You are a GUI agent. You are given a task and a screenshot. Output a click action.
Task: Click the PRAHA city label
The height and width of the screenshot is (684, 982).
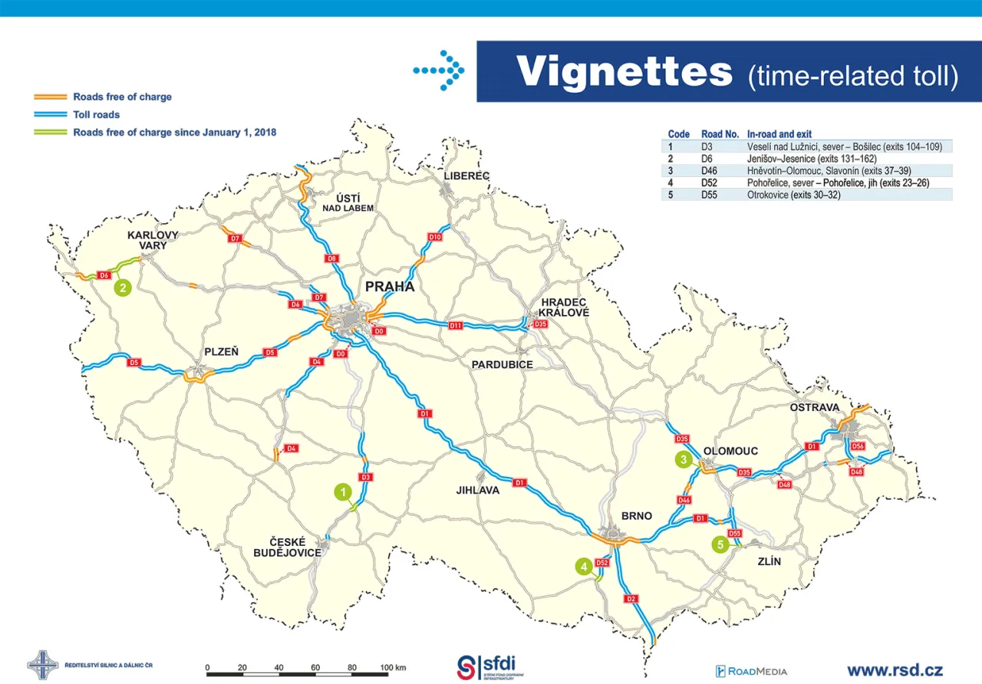tap(390, 287)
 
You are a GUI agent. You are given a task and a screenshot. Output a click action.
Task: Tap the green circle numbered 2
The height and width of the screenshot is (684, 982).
tap(121, 288)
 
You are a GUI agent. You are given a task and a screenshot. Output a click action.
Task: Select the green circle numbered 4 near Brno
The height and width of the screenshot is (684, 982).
tap(585, 567)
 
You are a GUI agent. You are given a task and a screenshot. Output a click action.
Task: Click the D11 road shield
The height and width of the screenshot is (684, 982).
tap(455, 326)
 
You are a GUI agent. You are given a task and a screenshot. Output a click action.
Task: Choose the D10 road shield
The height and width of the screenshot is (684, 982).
tap(435, 237)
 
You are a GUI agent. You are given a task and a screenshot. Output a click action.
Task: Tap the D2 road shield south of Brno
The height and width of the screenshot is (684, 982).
tap(631, 599)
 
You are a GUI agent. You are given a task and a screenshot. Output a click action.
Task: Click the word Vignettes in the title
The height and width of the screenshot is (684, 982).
tap(624, 71)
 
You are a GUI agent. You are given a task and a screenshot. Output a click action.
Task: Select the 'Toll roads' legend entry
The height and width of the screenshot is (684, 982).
tap(97, 115)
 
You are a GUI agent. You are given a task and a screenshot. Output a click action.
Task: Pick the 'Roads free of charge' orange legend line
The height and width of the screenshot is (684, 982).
tap(51, 97)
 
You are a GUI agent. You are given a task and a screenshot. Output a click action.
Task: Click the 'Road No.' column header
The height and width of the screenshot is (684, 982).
tap(718, 133)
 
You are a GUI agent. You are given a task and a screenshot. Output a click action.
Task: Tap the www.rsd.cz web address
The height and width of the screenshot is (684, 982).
tap(895, 669)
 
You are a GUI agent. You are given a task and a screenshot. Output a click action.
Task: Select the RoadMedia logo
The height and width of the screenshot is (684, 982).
tap(751, 671)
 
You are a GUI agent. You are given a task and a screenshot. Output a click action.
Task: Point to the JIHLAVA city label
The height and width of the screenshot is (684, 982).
tap(477, 490)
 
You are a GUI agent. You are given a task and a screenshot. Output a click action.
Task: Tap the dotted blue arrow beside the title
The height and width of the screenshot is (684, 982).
tap(439, 71)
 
